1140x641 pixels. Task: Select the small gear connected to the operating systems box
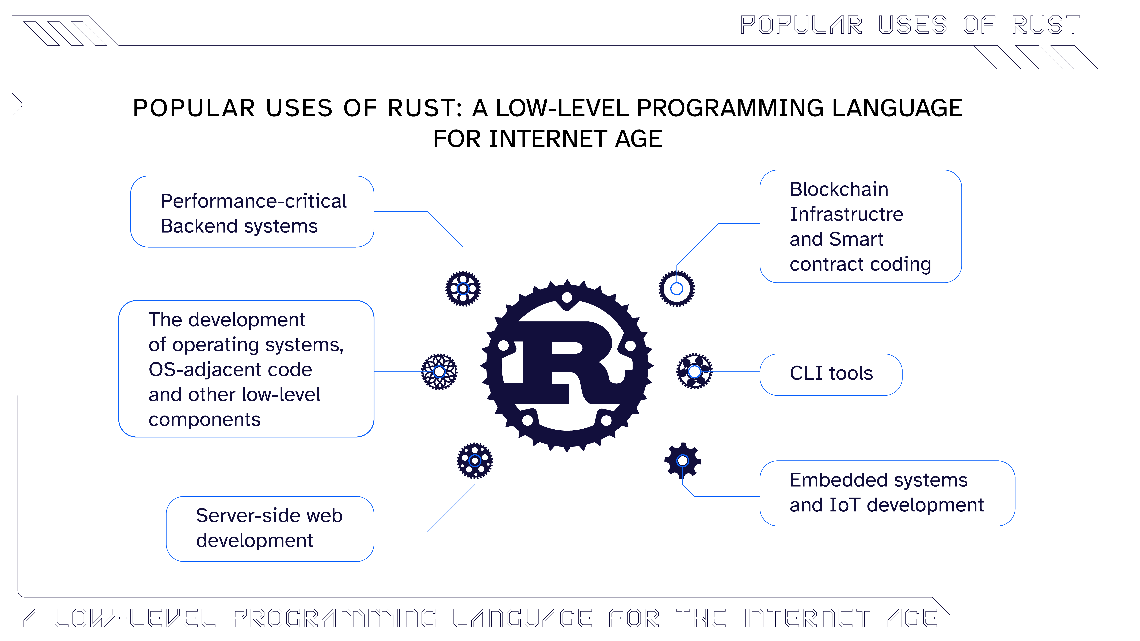(x=439, y=372)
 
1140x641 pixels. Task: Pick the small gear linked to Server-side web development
(x=474, y=460)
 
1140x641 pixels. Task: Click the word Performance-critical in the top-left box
(x=253, y=201)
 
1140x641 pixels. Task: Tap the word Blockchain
(x=839, y=189)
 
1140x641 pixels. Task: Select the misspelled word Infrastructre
(x=846, y=214)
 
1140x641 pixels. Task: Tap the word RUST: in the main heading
(x=424, y=108)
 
